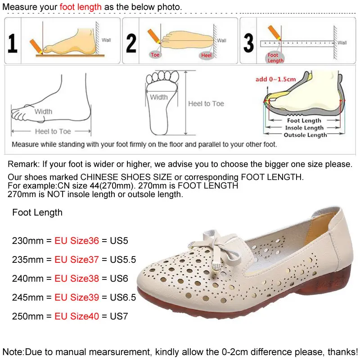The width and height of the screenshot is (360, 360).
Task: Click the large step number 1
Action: [x=13, y=43]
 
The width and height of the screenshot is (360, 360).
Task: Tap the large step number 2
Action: [x=131, y=43]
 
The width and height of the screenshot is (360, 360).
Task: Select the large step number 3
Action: [x=248, y=43]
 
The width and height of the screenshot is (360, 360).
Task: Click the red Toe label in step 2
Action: [x=155, y=55]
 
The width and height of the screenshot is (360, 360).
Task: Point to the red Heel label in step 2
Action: [x=206, y=55]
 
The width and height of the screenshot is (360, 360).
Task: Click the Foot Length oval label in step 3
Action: [x=275, y=58]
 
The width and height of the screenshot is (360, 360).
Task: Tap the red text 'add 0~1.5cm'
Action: [x=275, y=79]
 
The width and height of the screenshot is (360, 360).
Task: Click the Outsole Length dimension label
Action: [x=305, y=135]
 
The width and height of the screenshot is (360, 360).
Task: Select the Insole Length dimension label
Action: [x=304, y=128]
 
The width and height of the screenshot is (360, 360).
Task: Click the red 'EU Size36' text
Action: [x=76, y=241]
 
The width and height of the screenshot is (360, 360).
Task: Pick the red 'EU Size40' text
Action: [x=76, y=316]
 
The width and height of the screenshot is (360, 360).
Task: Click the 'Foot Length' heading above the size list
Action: [x=37, y=212]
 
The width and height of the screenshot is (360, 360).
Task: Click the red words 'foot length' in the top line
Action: [x=81, y=8]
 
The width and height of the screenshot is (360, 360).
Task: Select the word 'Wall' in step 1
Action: [x=106, y=40]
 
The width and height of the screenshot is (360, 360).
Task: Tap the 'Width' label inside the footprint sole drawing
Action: [x=159, y=97]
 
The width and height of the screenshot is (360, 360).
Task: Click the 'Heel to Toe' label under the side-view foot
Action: [x=53, y=131]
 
